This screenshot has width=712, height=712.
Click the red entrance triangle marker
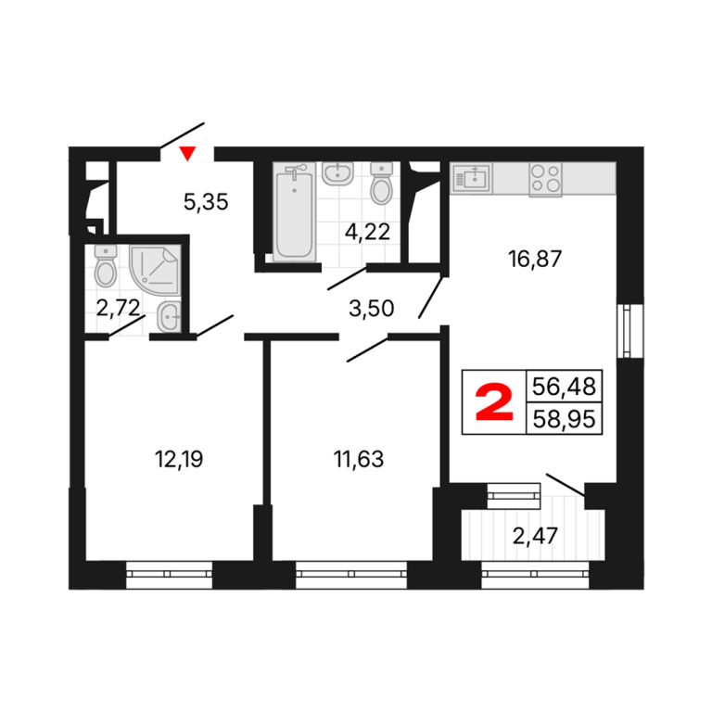tap(187, 154)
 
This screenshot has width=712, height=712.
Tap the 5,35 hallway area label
tap(206, 201)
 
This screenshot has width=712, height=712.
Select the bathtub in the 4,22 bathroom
tap(294, 212)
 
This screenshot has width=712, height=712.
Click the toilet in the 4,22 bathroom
tap(381, 184)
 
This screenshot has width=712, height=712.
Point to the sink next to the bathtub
tap(337, 174)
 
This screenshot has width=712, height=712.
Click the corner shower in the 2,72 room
tap(155, 270)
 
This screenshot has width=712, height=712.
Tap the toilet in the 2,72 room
tap(106, 266)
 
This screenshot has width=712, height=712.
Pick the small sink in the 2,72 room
tap(169, 316)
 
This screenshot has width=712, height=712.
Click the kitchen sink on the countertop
tap(472, 178)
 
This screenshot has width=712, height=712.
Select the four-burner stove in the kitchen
tap(545, 179)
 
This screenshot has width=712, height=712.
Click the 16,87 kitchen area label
tap(534, 259)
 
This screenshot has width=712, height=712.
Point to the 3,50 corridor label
tap(371, 309)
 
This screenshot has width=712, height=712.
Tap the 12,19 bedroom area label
tap(179, 459)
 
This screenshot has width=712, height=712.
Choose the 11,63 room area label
tap(358, 459)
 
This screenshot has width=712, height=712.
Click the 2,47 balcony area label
tap(535, 536)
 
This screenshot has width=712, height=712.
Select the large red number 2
tap(494, 401)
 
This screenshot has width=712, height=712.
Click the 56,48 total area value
tap(564, 387)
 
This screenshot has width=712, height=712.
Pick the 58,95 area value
tap(564, 419)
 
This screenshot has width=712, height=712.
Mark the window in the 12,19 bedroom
tap(169, 575)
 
